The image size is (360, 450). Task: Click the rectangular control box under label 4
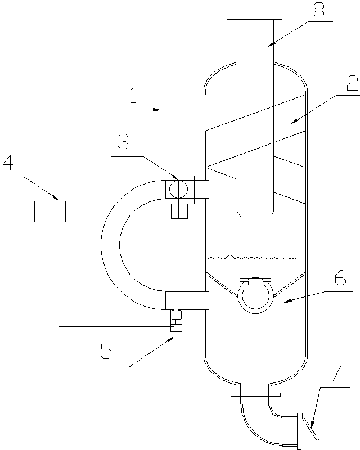pyautogui.click(x=49, y=210)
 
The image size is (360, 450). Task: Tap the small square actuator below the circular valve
pyautogui.click(x=179, y=211)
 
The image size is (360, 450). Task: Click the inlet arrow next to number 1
pyautogui.click(x=141, y=110)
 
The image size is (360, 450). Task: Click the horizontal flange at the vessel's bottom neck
pyautogui.click(x=256, y=394)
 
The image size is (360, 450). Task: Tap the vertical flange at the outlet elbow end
pyautogui.click(x=299, y=431)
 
